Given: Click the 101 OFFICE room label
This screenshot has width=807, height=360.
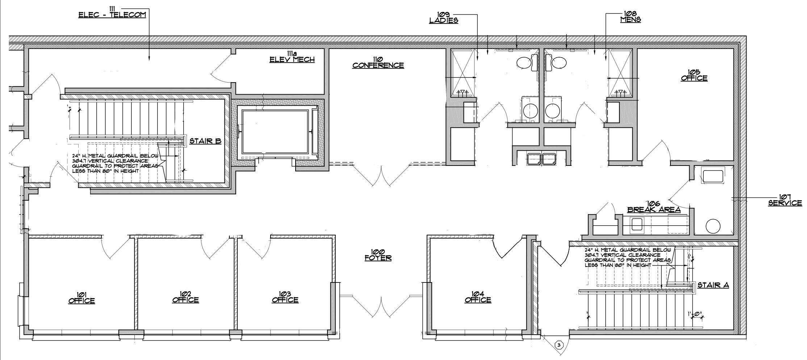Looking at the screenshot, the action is click(81, 298).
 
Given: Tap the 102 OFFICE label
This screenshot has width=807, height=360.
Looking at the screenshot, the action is click(185, 297).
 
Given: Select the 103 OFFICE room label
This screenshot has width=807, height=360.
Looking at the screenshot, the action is click(285, 297).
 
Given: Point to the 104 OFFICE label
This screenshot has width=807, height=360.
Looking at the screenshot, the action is click(478, 297).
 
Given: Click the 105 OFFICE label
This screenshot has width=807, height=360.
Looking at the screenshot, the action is click(694, 75).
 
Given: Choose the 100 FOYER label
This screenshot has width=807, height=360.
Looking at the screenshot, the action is click(378, 255).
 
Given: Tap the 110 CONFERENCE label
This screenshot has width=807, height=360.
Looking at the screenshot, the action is click(378, 62).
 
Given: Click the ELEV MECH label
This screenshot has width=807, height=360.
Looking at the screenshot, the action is click(292, 57).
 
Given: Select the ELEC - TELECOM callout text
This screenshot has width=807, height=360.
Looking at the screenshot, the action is click(112, 12).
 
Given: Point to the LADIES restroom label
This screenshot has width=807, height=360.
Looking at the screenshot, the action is click(443, 17).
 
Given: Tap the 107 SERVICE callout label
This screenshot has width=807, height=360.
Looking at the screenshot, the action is click(785, 200).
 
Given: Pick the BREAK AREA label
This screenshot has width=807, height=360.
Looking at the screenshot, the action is click(654, 207).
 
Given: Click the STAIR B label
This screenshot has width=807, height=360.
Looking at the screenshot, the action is click(205, 141).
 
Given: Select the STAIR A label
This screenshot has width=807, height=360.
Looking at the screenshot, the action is click(713, 285).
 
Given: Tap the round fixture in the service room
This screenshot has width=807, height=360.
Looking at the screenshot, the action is click(713, 226).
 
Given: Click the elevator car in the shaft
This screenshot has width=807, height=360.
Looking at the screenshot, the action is click(275, 132).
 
